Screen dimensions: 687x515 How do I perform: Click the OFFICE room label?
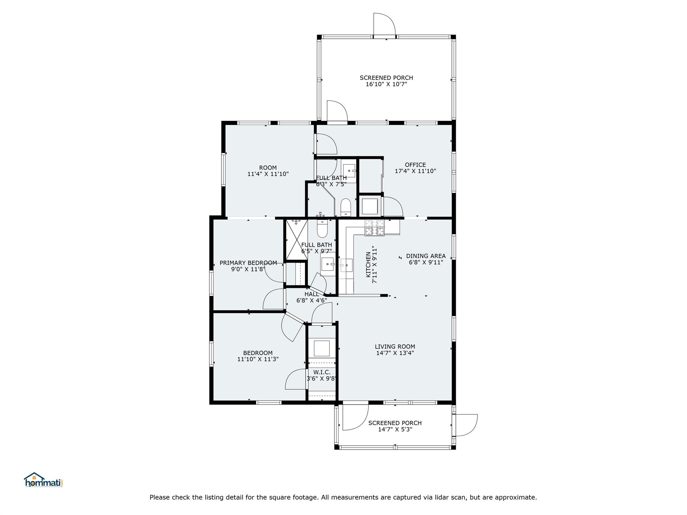pyautogui.click(x=415, y=165)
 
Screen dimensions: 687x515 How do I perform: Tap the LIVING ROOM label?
pyautogui.click(x=395, y=347)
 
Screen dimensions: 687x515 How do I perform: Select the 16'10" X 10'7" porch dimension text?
pyautogui.click(x=386, y=84)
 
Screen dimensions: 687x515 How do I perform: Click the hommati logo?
pyautogui.click(x=43, y=480)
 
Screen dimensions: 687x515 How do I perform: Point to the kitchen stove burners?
pyautogui.click(x=374, y=228)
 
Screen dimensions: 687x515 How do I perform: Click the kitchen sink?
pyautogui.click(x=346, y=265)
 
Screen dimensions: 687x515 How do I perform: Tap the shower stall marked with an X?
pyautogui.click(x=297, y=239)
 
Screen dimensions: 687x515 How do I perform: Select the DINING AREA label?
pyautogui.click(x=426, y=256)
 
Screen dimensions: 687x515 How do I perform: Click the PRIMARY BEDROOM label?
pyautogui.click(x=248, y=263)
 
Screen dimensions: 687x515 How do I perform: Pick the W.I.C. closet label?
pyautogui.click(x=322, y=372)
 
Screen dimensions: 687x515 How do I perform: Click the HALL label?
pyautogui.click(x=312, y=294)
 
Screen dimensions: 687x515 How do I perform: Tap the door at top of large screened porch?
pyautogui.click(x=384, y=25)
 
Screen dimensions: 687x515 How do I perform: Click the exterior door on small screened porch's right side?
pyautogui.click(x=465, y=425)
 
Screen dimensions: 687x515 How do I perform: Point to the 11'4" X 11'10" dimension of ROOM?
pyautogui.click(x=268, y=174)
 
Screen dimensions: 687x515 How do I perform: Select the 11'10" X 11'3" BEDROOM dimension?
pyautogui.click(x=258, y=359)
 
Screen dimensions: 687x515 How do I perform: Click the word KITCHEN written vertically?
pyautogui.click(x=368, y=265)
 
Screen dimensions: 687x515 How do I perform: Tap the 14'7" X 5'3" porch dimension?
pyautogui.click(x=395, y=429)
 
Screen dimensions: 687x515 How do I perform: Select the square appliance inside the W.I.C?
pyautogui.click(x=321, y=348)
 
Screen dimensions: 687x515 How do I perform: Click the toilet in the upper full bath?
pyautogui.click(x=345, y=208)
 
